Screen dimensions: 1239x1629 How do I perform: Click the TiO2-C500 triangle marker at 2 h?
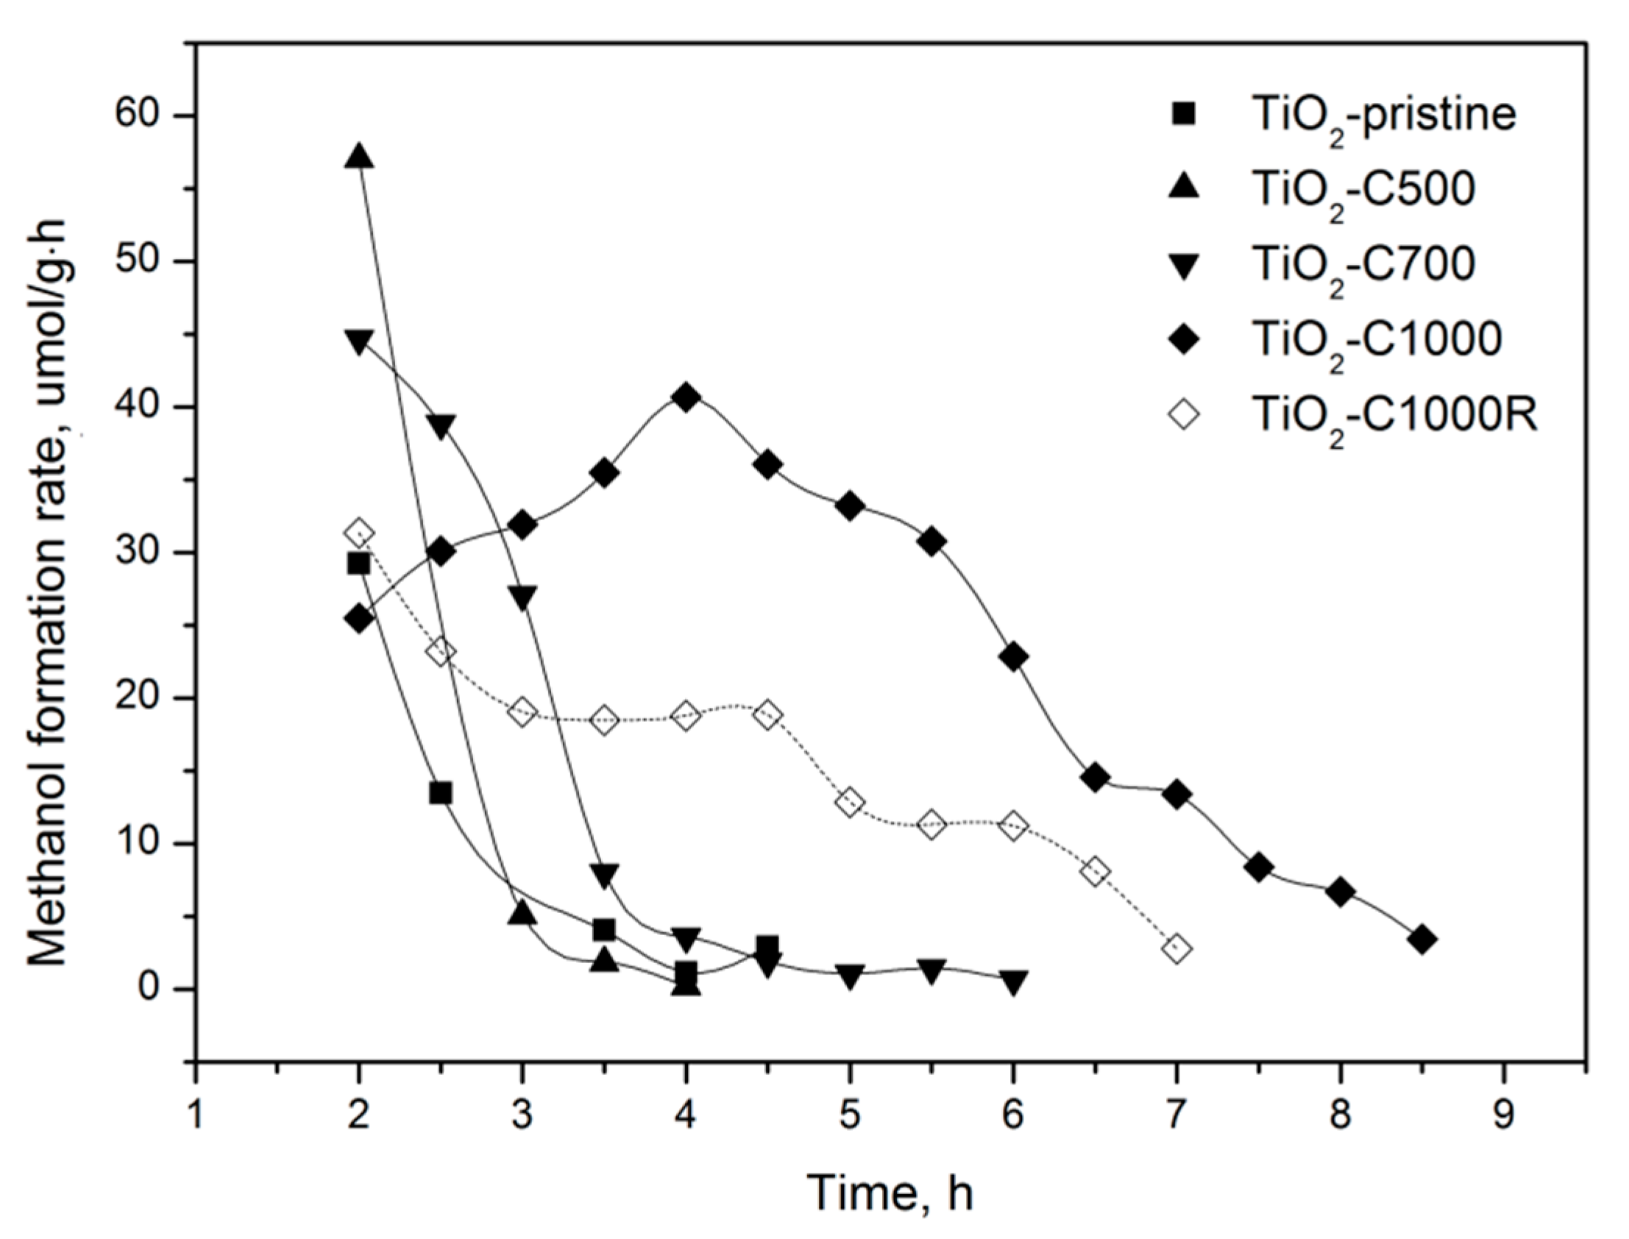click(358, 157)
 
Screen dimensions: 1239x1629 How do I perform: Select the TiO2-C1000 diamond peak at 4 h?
click(686, 397)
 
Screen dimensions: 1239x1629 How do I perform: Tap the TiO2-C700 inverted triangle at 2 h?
click(358, 341)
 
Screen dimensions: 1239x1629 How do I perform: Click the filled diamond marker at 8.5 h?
click(1422, 940)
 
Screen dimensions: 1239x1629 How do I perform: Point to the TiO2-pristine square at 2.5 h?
click(440, 794)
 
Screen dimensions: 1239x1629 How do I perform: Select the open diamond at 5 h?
click(850, 803)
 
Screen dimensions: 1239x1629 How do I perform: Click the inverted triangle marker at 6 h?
click(1013, 981)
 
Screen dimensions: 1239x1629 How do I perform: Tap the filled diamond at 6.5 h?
click(1094, 778)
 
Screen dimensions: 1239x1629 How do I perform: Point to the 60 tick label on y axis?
click(147, 116)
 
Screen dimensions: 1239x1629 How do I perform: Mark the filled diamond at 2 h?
click(358, 618)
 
